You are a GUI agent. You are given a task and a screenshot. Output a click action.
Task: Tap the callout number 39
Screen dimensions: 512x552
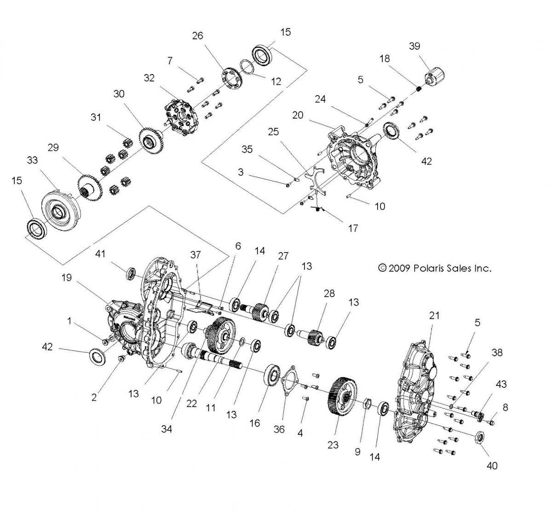click(x=414, y=46)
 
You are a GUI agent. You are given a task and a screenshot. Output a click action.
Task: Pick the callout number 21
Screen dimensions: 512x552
click(x=434, y=316)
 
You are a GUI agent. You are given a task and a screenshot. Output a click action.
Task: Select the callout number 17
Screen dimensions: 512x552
click(x=353, y=228)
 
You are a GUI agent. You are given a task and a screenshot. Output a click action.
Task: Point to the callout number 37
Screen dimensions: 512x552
click(x=196, y=255)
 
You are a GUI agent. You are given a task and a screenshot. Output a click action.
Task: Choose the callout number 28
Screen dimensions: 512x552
click(x=329, y=293)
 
